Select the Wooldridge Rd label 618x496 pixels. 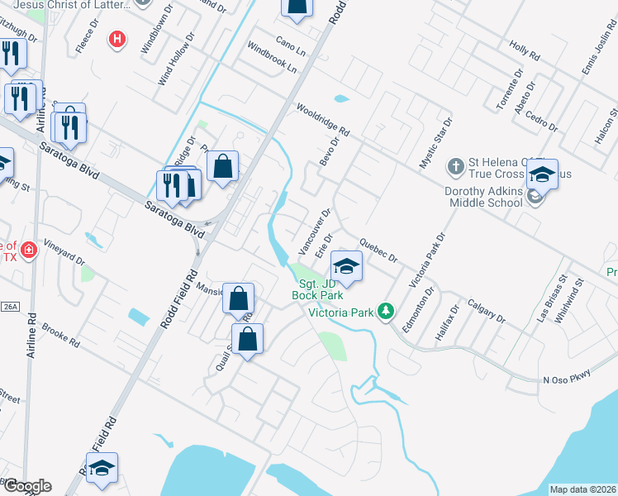[x=323, y=121]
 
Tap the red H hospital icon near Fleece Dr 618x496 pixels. [x=118, y=38]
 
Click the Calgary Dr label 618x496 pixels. [x=485, y=310]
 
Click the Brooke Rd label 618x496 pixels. [x=63, y=332]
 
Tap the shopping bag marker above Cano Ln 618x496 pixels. [x=297, y=7]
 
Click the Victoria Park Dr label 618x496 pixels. [x=427, y=259]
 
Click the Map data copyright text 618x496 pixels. [x=582, y=489]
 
